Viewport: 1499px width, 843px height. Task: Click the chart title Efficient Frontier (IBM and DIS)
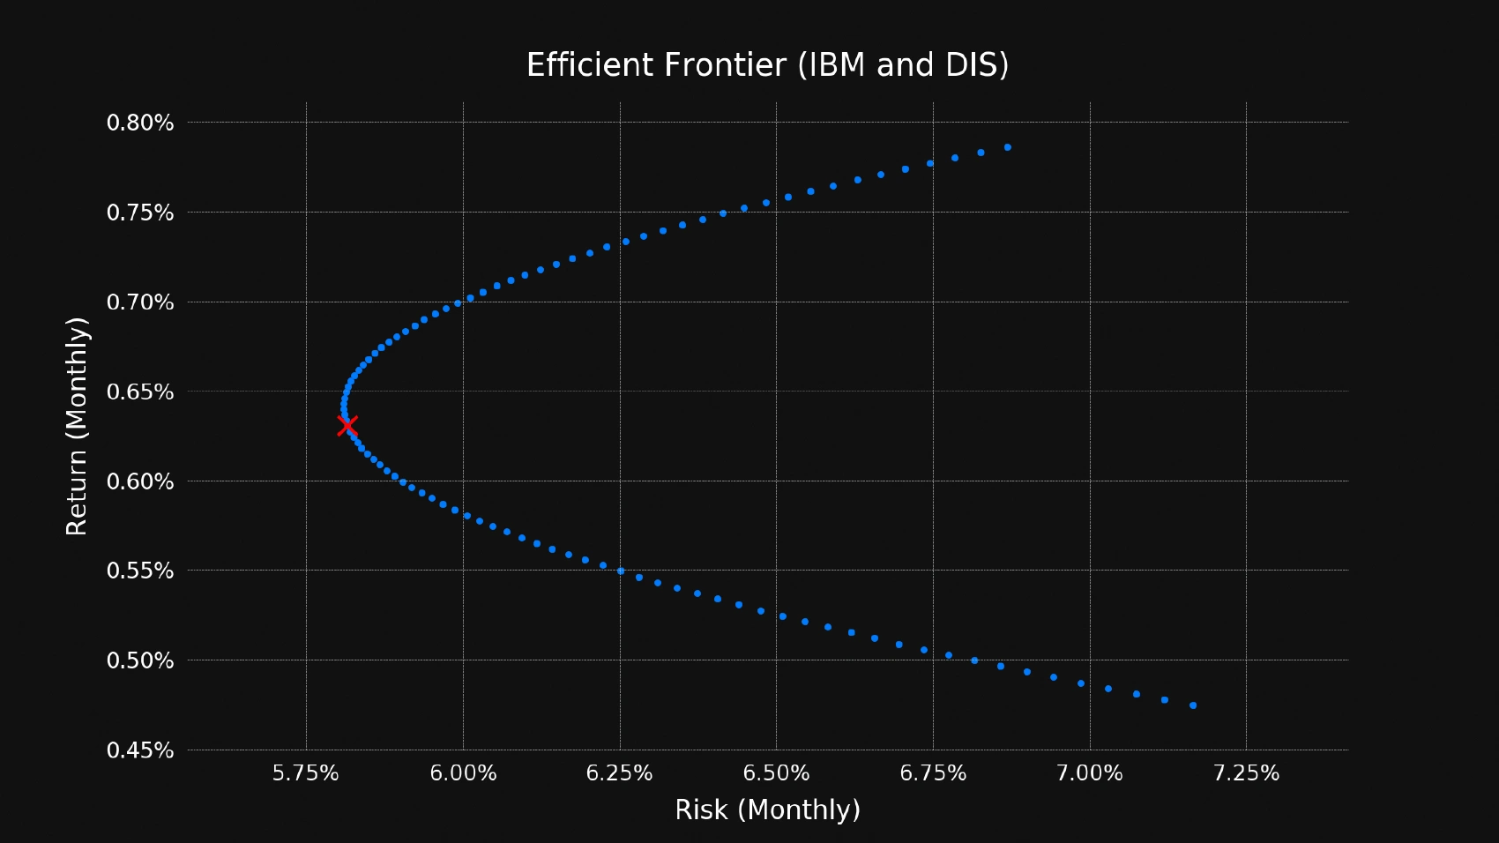(x=767, y=65)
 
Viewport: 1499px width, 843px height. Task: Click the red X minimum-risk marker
(x=347, y=426)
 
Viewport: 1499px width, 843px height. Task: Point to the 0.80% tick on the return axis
(x=140, y=123)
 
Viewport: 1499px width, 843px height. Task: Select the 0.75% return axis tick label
(x=140, y=213)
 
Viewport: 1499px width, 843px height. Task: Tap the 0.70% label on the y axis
(x=140, y=302)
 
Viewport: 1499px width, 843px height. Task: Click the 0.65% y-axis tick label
(x=140, y=392)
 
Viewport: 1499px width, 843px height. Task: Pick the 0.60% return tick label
(x=140, y=481)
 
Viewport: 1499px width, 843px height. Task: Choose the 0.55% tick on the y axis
(x=140, y=571)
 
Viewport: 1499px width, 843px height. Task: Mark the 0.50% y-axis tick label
(x=140, y=660)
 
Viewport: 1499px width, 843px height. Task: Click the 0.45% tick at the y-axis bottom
(x=140, y=750)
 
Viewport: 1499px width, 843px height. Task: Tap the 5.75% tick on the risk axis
(x=306, y=773)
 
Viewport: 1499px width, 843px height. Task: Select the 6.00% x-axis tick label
(x=463, y=773)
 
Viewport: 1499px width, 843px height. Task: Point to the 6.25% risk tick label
(x=620, y=773)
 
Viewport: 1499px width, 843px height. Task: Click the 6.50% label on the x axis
(x=776, y=773)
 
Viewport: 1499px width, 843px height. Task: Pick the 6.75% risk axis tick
(x=933, y=773)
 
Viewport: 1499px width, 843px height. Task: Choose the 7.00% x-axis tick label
(x=1090, y=773)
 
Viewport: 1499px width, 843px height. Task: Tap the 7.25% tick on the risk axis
(x=1246, y=773)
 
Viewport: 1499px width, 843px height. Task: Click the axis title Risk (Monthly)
(x=767, y=809)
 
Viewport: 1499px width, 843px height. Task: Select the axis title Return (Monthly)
(x=78, y=426)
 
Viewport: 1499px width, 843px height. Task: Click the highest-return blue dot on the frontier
(x=1008, y=147)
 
